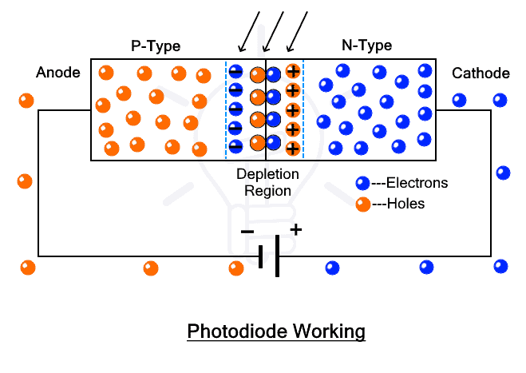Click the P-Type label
(x=156, y=46)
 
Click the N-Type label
(x=366, y=46)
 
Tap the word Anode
(x=58, y=73)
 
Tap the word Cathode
(x=481, y=73)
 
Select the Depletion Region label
(x=267, y=182)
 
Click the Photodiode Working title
(x=275, y=331)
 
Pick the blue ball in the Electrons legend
(x=363, y=183)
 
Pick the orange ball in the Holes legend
(x=363, y=204)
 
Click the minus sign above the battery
(x=247, y=232)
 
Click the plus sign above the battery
(x=295, y=230)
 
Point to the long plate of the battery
(x=278, y=256)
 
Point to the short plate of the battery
(x=261, y=256)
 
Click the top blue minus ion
(x=236, y=72)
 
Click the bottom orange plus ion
(x=293, y=148)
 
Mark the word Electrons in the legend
(x=414, y=183)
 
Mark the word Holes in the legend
(x=405, y=204)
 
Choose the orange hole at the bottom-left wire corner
(x=28, y=267)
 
